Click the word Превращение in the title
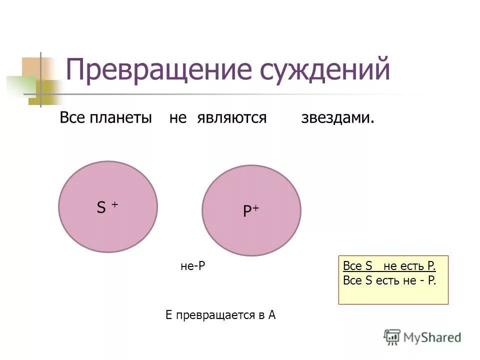click(155, 70)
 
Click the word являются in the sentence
click(231, 118)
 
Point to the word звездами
click(337, 118)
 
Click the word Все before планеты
click(73, 118)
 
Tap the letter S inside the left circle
click(101, 208)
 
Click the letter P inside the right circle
click(247, 212)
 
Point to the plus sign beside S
click(114, 204)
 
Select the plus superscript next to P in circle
click(255, 208)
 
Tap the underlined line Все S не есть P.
click(389, 266)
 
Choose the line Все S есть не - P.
click(389, 281)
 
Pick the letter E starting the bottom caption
click(168, 315)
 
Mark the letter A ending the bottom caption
click(272, 315)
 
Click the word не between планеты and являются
click(178, 118)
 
